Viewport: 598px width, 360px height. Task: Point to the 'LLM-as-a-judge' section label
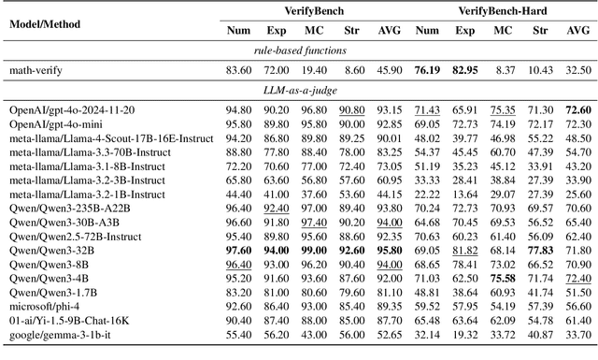[298, 91]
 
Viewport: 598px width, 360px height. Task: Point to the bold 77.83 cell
[538, 250]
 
